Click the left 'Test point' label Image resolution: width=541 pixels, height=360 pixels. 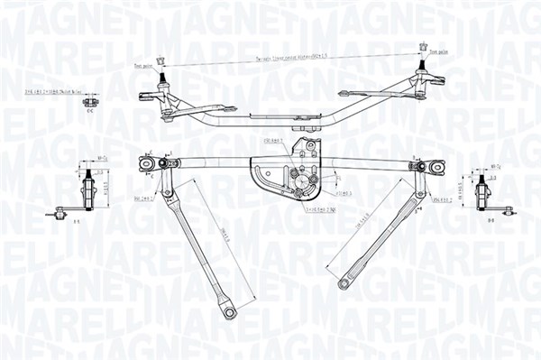(x=142, y=65)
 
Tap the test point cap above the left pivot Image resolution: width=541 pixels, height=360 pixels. (x=160, y=60)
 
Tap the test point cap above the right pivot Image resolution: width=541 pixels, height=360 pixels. (x=423, y=47)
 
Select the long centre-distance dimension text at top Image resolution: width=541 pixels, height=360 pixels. (x=289, y=56)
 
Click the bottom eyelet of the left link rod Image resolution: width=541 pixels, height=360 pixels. (x=230, y=312)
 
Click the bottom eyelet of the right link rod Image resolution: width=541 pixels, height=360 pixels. (x=344, y=284)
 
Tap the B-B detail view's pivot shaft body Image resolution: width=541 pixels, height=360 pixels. (x=486, y=192)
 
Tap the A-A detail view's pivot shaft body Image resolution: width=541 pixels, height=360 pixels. (x=89, y=190)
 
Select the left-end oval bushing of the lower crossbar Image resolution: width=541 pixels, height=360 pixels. (x=146, y=163)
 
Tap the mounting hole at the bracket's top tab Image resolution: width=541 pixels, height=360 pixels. (x=311, y=145)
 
